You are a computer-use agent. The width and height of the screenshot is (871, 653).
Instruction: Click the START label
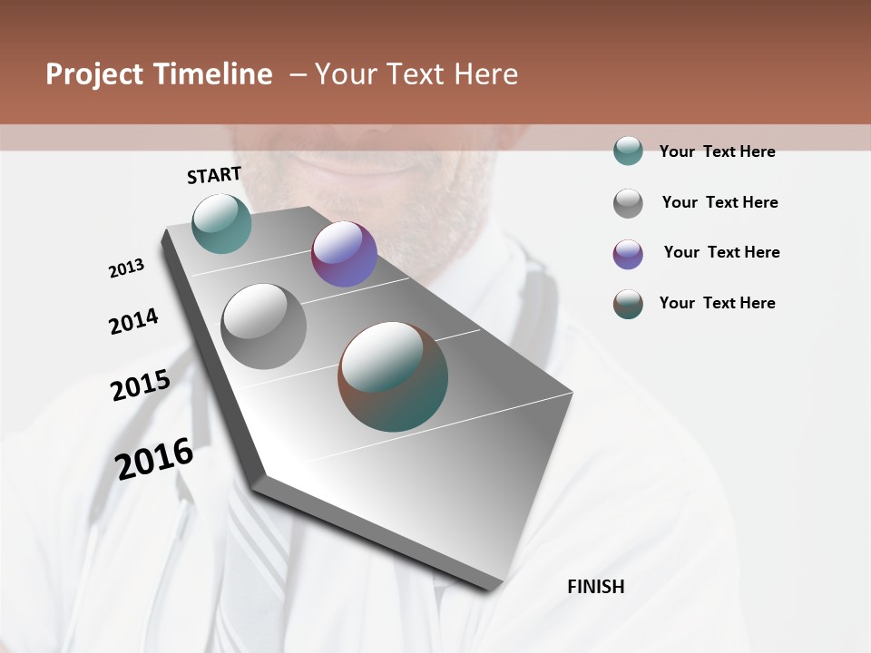click(214, 174)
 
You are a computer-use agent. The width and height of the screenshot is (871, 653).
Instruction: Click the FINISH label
click(596, 587)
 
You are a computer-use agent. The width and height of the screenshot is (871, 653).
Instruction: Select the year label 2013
click(126, 268)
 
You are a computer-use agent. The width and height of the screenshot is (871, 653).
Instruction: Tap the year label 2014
click(133, 321)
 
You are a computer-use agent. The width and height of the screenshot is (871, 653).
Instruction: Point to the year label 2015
click(141, 385)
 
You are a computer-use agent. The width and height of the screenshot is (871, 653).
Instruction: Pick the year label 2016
click(154, 458)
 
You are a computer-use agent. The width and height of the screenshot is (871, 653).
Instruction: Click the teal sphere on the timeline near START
click(222, 223)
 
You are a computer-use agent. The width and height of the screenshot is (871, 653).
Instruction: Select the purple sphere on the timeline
click(344, 254)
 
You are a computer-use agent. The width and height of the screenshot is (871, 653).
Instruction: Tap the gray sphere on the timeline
click(263, 326)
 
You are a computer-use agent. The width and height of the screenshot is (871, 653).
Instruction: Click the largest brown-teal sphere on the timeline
click(393, 376)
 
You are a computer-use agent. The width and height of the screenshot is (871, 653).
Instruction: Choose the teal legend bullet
click(628, 151)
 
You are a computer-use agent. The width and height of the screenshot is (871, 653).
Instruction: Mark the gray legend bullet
click(628, 203)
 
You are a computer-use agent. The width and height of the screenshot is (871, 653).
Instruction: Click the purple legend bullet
click(628, 254)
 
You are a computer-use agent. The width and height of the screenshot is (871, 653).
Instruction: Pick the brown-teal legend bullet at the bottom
click(628, 305)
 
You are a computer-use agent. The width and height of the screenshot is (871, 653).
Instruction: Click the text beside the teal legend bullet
click(717, 151)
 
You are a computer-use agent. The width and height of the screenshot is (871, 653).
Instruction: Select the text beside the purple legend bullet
click(721, 252)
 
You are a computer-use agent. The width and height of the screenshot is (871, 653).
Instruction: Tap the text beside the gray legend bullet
click(719, 202)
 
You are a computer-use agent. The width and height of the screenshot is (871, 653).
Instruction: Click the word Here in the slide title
click(483, 74)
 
